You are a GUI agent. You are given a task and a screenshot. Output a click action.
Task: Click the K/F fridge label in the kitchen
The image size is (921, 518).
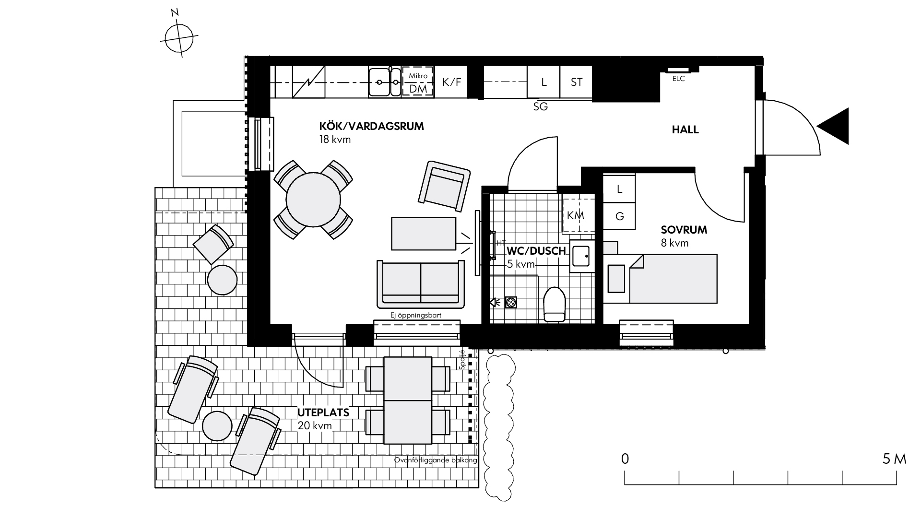pos(451,82)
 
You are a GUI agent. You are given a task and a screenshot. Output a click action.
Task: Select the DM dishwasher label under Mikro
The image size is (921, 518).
pos(418,89)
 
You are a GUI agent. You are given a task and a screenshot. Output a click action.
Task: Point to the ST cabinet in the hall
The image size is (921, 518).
pos(577,82)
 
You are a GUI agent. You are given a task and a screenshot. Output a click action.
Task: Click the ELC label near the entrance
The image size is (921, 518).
pos(679,79)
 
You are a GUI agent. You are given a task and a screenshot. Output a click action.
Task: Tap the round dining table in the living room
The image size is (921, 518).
pos(313,200)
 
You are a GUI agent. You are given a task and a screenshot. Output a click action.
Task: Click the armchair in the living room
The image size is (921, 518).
pos(444,186)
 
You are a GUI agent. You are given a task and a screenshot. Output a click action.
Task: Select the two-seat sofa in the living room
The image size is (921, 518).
pos(421,284)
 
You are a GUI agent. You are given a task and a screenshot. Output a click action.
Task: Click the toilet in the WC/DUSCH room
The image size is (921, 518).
pos(555,304)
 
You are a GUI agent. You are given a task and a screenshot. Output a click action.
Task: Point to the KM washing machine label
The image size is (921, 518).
pos(575,216)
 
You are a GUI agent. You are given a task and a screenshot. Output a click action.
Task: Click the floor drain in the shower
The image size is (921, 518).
pos(511,303)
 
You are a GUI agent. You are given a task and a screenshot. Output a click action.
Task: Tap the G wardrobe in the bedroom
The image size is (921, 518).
pos(619,216)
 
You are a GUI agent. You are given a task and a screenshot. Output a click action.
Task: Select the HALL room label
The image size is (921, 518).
pos(685,129)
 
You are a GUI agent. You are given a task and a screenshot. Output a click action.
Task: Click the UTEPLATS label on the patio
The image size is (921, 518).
pos(323,412)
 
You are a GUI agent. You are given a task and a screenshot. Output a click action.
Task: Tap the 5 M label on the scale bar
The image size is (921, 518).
pos(894,459)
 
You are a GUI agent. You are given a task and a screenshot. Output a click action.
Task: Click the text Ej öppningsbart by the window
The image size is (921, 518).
pos(416,316)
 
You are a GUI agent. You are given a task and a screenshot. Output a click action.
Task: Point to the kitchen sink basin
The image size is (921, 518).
pos(379,82)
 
